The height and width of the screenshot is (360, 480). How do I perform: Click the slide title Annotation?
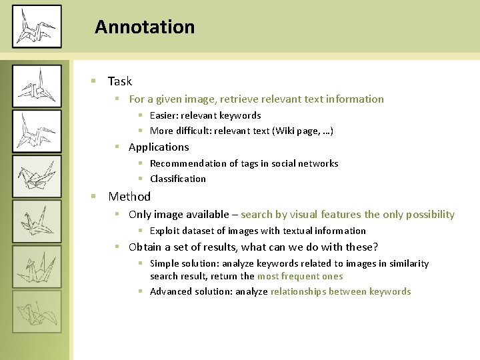coord(145,27)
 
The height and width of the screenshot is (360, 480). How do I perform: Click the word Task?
coord(120,81)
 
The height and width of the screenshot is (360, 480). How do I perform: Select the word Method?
coord(129,197)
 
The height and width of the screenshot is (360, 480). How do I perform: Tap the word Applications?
coord(159,147)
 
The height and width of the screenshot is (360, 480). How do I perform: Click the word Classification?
coord(178,179)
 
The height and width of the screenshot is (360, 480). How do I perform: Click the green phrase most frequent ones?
coord(300,276)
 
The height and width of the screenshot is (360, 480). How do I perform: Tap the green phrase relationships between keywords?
coord(341,291)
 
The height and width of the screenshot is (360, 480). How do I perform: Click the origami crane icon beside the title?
coord(37,27)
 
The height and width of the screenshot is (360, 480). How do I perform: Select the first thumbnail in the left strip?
coord(37,86)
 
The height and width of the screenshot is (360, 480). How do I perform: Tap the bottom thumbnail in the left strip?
coord(37,311)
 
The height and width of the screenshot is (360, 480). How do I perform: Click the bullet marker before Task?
coord(94,81)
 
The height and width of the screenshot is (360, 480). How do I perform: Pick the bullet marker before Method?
coord(94,197)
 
